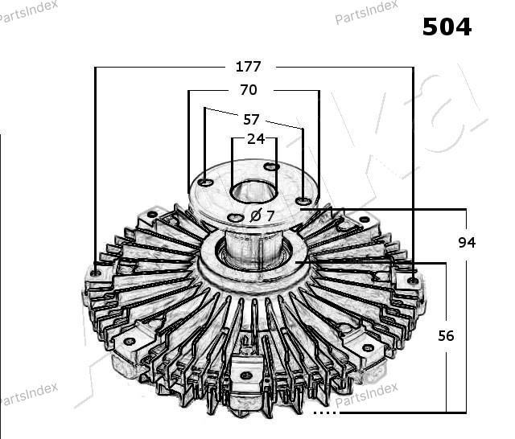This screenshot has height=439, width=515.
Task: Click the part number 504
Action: click(x=447, y=27)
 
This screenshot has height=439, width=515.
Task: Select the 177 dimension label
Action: click(x=249, y=67)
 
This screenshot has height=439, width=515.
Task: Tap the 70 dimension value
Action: click(x=249, y=90)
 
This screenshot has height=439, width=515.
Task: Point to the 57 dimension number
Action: click(x=251, y=120)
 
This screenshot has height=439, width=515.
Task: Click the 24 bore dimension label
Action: click(x=256, y=139)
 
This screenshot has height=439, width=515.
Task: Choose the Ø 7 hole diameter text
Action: click(x=262, y=215)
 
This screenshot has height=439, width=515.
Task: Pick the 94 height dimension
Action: click(x=467, y=243)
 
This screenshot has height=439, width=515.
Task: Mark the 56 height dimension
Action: click(x=446, y=335)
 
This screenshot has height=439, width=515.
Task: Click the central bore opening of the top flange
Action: click(x=253, y=191)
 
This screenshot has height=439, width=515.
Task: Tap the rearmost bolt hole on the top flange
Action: click(x=272, y=166)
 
